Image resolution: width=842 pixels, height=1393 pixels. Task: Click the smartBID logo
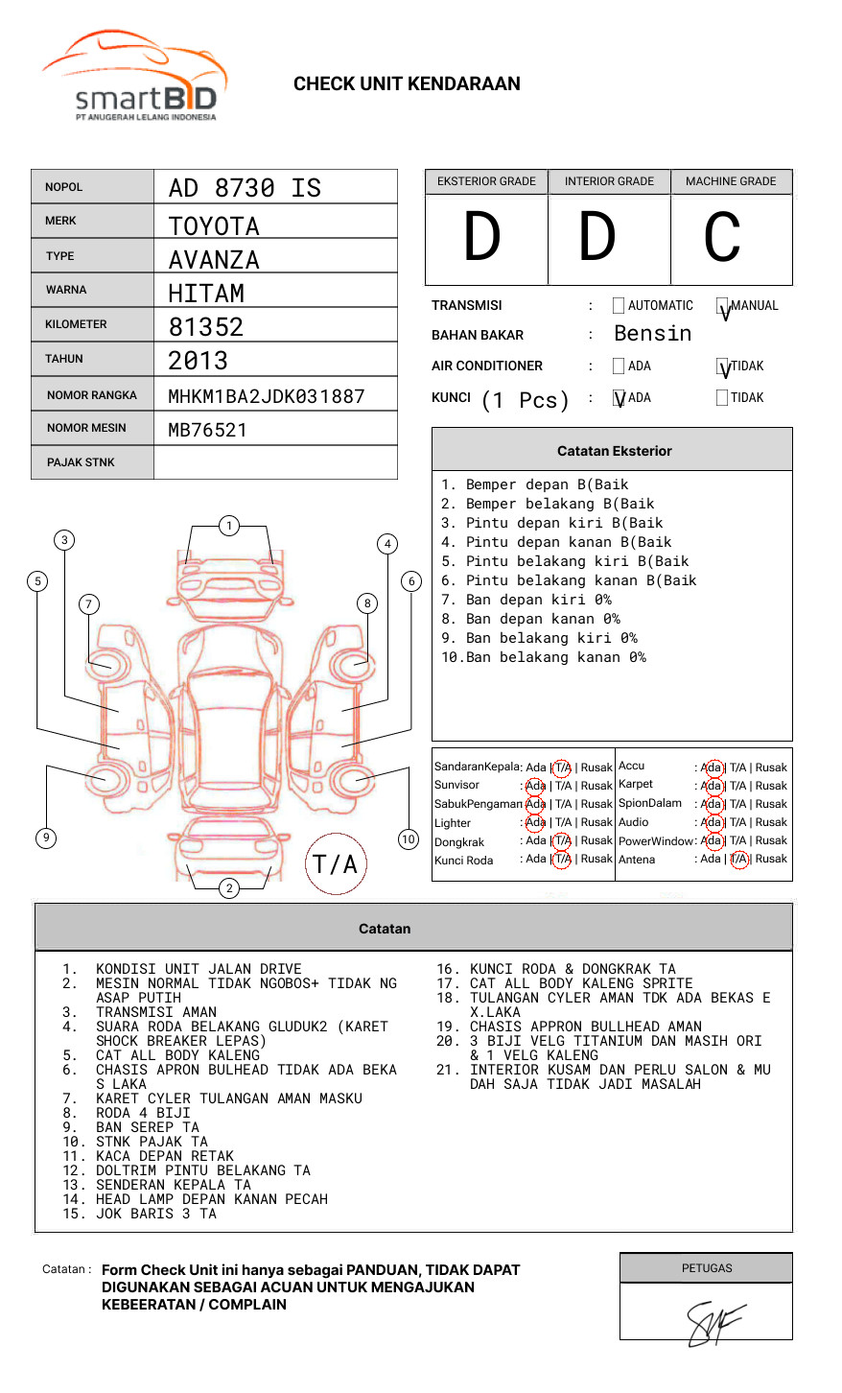(x=135, y=76)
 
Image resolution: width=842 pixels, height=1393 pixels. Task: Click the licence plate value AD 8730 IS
(x=245, y=188)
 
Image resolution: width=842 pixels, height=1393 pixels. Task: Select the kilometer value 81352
(x=205, y=327)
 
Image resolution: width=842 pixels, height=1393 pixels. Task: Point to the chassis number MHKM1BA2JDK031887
(x=267, y=396)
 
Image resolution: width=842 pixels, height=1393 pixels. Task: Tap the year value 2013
(x=198, y=361)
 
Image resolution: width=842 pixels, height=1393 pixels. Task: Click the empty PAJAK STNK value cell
(x=275, y=462)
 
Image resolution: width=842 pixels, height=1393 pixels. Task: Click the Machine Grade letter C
(x=722, y=237)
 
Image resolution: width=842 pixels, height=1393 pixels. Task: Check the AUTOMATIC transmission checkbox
(x=619, y=305)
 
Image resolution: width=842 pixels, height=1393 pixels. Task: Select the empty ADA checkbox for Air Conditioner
(x=619, y=366)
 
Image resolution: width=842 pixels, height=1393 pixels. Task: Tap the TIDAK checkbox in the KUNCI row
(x=722, y=397)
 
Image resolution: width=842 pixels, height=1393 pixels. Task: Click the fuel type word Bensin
(x=652, y=334)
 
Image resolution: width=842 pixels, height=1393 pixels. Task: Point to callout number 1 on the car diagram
(x=229, y=526)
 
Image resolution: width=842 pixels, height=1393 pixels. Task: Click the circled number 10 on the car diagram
(x=408, y=839)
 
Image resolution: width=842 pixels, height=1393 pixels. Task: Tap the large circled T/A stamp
(x=336, y=863)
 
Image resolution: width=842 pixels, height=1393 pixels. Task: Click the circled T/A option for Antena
(x=739, y=860)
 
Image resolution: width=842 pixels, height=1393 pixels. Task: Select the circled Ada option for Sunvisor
(x=535, y=786)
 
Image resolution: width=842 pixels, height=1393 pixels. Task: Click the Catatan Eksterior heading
(x=615, y=451)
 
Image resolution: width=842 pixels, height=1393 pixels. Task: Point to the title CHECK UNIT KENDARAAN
(x=407, y=84)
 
